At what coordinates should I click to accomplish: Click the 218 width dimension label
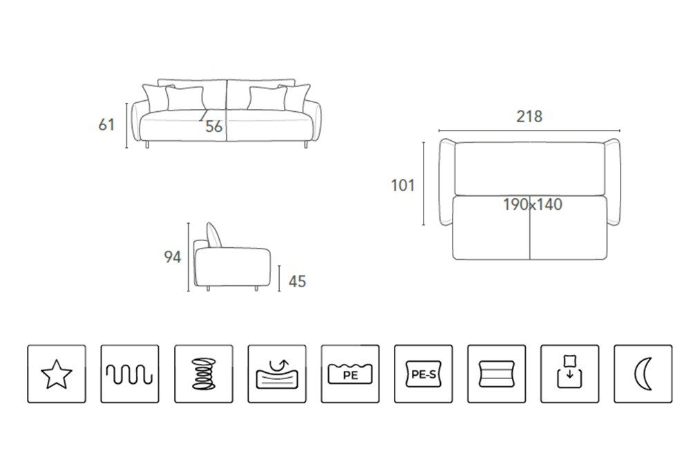point(529,116)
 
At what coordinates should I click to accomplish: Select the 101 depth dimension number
point(403,185)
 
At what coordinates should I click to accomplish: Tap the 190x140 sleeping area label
point(533,204)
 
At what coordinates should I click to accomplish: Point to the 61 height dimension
point(106,125)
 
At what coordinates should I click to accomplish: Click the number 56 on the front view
point(214,126)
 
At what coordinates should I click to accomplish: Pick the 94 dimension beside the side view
point(172,257)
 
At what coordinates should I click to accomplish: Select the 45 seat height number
point(297,282)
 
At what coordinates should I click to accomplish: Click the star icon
point(57,374)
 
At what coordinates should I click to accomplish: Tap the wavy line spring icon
point(130,374)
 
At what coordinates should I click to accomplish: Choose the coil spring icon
point(204,374)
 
